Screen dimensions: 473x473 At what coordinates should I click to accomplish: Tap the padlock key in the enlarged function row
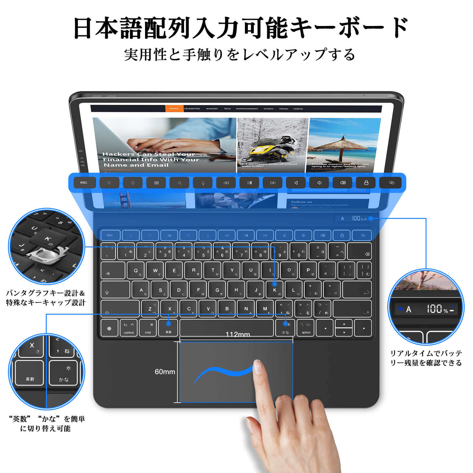(366, 183)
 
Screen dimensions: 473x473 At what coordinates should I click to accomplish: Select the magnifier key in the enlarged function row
(179, 183)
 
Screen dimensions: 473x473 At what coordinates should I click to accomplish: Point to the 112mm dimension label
(238, 334)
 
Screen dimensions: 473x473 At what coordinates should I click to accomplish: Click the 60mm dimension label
(165, 372)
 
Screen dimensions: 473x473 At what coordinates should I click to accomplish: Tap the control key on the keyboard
(129, 328)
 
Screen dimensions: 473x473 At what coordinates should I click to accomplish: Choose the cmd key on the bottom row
(148, 328)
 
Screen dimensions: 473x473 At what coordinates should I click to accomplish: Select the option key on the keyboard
(306, 328)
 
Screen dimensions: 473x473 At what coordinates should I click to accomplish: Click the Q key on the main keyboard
(136, 270)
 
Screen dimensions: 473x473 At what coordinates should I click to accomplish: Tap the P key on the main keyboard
(308, 270)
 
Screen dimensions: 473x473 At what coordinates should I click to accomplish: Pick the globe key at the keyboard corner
(109, 328)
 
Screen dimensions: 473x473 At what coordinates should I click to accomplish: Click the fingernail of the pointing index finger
(258, 367)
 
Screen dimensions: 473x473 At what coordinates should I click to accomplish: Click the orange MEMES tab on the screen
(174, 109)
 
